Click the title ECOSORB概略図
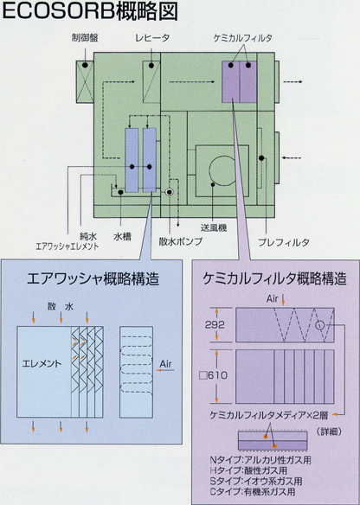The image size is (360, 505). tap(90, 11)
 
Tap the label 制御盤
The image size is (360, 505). tap(85, 38)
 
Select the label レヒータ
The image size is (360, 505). tap(152, 38)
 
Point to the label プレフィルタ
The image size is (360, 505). tap(284, 242)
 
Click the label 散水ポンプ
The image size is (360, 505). tap(181, 241)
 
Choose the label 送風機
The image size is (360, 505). tap(214, 228)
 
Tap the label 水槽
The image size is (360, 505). tap(122, 237)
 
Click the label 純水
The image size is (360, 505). tap(88, 237)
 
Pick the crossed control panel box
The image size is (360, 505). tap(85, 82)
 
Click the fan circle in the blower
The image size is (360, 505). tap(222, 170)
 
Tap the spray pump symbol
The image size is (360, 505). tap(170, 192)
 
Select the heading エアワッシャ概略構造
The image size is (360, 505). tap(93, 278)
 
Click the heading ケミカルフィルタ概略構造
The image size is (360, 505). tap(275, 278)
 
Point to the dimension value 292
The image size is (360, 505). tap(215, 324)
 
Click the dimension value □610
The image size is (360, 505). tap(214, 375)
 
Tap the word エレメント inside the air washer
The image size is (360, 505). tap(42, 364)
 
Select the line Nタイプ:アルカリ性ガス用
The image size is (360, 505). tap(260, 460)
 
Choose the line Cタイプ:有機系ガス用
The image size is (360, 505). tap(253, 492)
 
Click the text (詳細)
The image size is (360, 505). tap(329, 431)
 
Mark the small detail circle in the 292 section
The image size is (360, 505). tap(319, 324)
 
